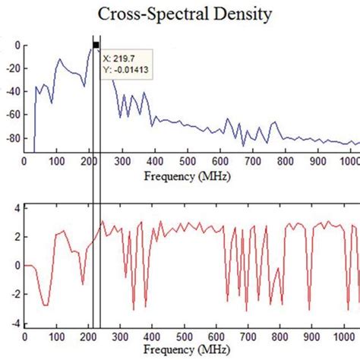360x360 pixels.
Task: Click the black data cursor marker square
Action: (96, 45)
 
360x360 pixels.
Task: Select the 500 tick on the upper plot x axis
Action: (187, 162)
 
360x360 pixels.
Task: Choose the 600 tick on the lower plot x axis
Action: (219, 337)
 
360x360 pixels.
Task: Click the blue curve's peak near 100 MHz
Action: (59, 58)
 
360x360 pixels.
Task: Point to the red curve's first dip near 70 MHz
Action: (46, 305)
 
